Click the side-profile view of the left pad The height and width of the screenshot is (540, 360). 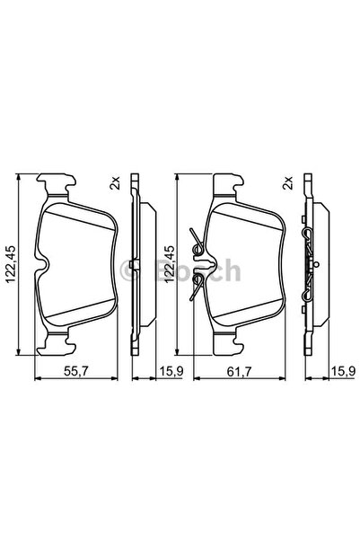tap(134, 265)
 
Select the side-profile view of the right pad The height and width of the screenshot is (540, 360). tap(309, 265)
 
